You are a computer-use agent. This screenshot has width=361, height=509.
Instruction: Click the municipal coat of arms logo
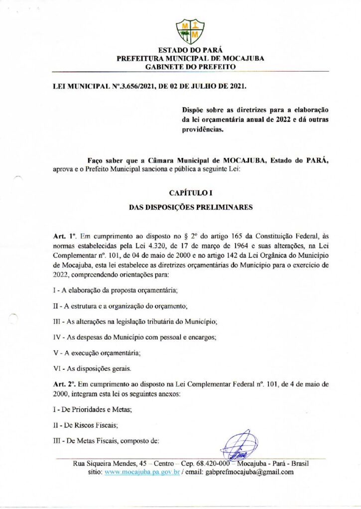click(x=191, y=31)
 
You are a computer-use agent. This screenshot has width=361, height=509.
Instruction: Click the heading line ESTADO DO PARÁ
click(x=190, y=51)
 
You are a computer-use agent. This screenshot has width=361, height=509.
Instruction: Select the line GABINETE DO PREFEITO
click(x=190, y=66)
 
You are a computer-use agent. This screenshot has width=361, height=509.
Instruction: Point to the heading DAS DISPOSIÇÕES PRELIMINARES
click(x=191, y=207)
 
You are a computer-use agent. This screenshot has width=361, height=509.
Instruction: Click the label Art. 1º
click(x=63, y=235)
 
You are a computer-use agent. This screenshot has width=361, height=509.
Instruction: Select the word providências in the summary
click(x=203, y=132)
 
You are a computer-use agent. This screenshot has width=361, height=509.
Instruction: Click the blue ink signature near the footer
click(x=238, y=445)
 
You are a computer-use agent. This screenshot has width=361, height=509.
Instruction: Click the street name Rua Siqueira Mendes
click(x=107, y=463)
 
